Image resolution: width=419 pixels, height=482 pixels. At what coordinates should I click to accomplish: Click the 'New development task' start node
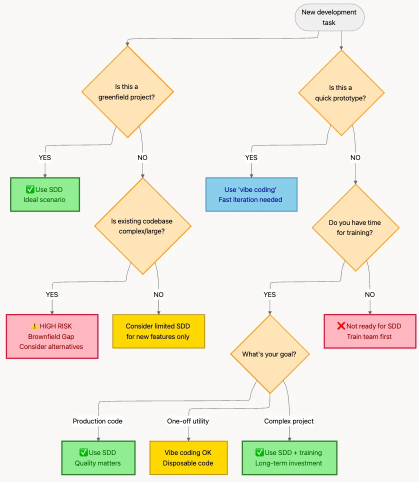329,17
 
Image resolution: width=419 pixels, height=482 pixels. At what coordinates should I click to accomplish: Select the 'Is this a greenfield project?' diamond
127,92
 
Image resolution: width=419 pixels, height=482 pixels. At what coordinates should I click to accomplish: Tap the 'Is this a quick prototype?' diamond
341,93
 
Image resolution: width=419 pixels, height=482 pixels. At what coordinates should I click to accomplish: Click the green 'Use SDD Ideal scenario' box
44,194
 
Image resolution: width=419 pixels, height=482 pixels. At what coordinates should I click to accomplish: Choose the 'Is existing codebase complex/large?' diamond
142,226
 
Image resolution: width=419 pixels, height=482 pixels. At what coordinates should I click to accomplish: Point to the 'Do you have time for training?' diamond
355,228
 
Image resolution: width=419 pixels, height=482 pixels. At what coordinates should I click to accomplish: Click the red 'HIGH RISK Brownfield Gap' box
51,336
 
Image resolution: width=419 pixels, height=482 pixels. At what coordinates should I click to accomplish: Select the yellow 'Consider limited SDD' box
158,331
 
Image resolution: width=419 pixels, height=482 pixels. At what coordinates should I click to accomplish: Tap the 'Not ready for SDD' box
369,331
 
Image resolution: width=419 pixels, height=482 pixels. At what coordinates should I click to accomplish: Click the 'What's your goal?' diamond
269,354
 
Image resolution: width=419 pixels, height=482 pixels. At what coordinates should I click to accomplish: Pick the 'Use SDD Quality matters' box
98,457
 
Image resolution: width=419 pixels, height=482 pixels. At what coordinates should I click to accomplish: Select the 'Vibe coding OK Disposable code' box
188,457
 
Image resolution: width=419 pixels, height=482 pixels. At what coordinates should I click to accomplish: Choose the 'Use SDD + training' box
289,457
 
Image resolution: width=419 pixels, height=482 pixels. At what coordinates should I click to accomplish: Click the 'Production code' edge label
97,421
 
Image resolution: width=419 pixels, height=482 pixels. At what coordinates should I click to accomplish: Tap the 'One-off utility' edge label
188,421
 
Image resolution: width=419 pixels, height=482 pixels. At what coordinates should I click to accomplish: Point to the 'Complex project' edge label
289,421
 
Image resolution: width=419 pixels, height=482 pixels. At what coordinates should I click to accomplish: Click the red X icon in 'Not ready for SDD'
341,326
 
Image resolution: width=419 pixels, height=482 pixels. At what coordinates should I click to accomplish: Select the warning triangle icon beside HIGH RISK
33,326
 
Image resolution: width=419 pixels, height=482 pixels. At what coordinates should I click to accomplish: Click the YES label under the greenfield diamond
44,157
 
